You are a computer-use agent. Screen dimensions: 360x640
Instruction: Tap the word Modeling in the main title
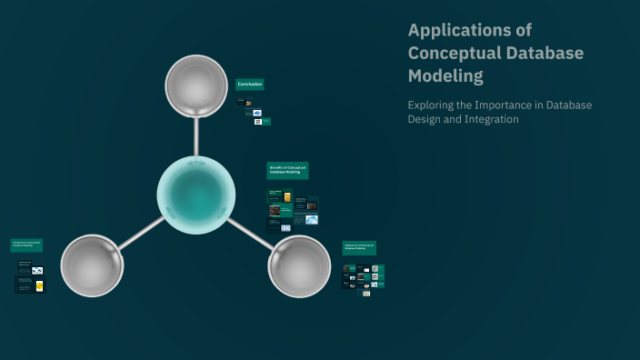[446, 75]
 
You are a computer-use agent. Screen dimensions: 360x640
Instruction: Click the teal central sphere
[196, 195]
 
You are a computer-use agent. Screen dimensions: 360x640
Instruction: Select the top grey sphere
[196, 86]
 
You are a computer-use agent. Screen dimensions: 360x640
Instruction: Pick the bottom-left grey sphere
[92, 265]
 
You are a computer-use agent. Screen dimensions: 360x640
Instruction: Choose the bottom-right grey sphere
[299, 265]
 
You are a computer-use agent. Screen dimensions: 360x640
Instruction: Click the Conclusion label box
[250, 85]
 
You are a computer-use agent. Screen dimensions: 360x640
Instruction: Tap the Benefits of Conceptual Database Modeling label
[287, 170]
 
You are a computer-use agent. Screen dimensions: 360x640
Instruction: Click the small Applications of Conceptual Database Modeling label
[359, 247]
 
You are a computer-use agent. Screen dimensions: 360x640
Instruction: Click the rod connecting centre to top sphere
[196, 137]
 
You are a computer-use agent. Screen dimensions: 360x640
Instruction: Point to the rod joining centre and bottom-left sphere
[141, 233]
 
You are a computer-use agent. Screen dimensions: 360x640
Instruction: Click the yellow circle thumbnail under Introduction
[39, 285]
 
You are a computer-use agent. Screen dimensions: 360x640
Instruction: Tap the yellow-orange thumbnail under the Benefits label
[287, 197]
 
